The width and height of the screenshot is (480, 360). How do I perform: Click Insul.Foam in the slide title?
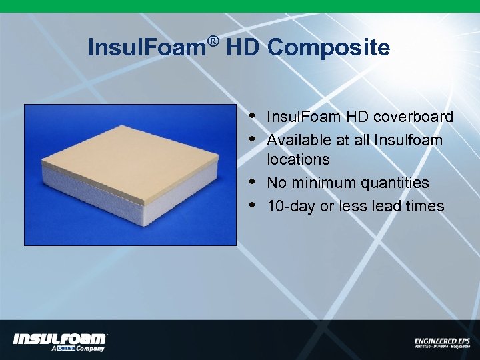147,48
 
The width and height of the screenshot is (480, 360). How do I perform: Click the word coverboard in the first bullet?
413,117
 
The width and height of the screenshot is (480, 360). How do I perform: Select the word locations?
298,160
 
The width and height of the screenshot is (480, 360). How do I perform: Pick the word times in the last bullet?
425,206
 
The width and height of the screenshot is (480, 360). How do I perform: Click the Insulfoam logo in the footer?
60,339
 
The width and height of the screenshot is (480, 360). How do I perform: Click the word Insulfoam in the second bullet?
408,140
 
